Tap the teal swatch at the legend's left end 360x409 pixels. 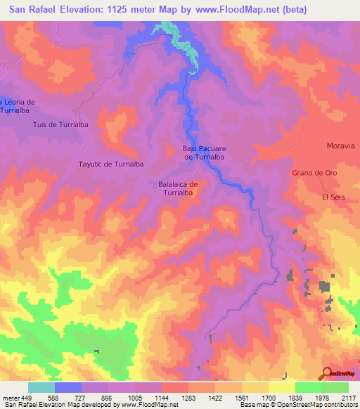pyautogui.click(x=41, y=387)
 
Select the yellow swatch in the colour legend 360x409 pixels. pyautogui.click(x=281, y=387)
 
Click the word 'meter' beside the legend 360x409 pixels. pyautogui.click(x=10, y=397)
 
